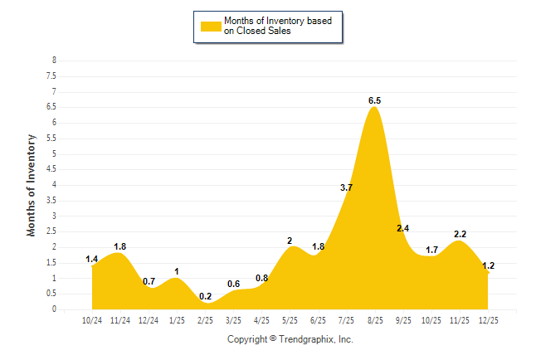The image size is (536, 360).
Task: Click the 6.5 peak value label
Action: [374, 100]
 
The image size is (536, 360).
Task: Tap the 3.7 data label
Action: [347, 187]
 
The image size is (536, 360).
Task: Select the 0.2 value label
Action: [205, 296]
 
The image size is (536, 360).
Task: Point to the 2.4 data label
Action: [403, 228]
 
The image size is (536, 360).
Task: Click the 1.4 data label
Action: [92, 260]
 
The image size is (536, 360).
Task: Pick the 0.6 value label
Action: [233, 284]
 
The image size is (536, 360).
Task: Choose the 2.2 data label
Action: [460, 234]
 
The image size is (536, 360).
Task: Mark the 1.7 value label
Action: [431, 250]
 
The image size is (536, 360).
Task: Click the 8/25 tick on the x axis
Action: [374, 320]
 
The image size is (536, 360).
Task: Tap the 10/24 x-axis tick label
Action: [92, 320]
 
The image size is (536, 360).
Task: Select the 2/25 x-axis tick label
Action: [205, 320]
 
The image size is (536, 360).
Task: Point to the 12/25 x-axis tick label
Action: [488, 320]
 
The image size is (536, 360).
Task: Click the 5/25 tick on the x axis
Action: [290, 320]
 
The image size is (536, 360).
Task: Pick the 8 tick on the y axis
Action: [55, 61]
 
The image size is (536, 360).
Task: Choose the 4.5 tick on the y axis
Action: [52, 169]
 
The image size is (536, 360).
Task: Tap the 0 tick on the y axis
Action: [55, 309]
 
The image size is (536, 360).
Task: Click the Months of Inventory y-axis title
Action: [32, 185]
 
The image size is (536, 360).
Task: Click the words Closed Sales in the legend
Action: [261, 32]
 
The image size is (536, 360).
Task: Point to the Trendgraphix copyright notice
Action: [290, 339]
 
